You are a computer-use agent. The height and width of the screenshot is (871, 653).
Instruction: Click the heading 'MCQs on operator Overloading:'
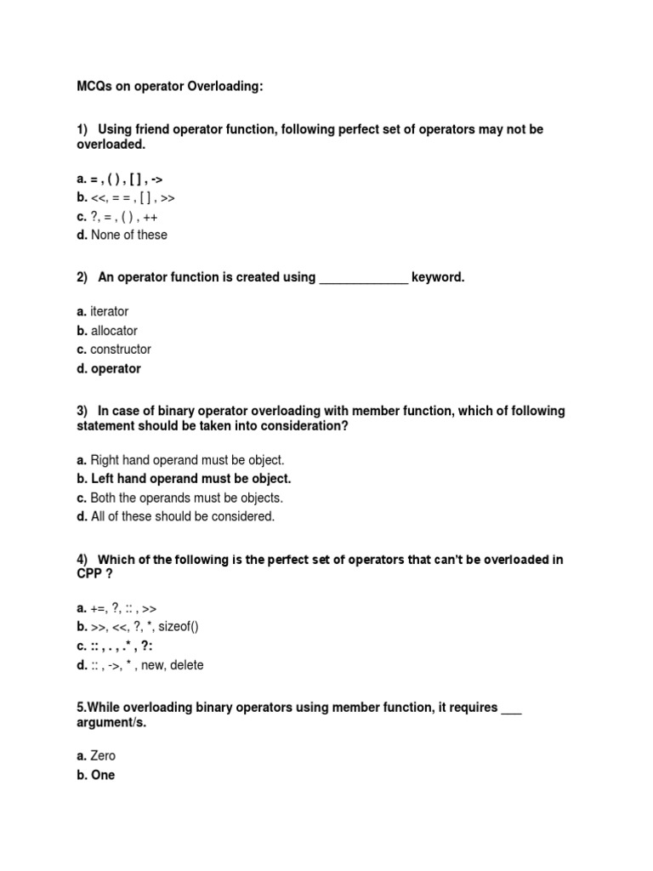tap(170, 88)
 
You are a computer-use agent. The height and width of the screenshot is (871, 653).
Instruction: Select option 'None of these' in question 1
tap(128, 235)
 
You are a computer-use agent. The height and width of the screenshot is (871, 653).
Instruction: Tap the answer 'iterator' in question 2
tap(109, 311)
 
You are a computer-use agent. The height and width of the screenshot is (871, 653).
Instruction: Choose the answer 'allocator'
tap(114, 330)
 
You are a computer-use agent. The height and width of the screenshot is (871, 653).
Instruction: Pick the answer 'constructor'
tap(121, 349)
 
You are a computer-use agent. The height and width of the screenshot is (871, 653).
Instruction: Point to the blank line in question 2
tap(363, 278)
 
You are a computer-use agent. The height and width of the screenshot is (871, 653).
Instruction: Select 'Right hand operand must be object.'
tap(187, 460)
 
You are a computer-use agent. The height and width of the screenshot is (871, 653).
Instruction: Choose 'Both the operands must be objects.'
tap(186, 498)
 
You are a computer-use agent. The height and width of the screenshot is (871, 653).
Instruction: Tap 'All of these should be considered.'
tap(182, 516)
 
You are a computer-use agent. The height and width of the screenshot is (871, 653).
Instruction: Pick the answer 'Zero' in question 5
tap(103, 756)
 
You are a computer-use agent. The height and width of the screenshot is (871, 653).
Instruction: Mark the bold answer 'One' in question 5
tap(103, 775)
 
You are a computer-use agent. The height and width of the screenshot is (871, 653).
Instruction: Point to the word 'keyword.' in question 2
tap(438, 278)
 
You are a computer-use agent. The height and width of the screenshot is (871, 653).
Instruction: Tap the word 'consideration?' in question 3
tap(297, 426)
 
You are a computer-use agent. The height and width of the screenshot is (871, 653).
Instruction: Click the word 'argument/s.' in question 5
tap(110, 723)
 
